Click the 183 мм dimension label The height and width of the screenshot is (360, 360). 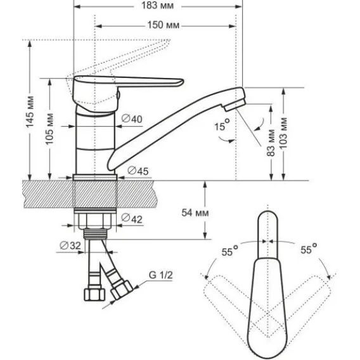157,6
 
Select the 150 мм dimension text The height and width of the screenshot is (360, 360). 164,25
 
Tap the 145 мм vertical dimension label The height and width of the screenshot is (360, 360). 30,112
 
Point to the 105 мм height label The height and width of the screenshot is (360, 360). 49,129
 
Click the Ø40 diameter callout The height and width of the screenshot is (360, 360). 132,119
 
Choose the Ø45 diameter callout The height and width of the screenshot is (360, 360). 138,171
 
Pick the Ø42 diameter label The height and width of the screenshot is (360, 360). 132,218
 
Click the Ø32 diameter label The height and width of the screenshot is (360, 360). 70,245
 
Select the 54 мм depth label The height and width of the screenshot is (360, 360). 195,212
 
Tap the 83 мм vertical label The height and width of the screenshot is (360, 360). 271,143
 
